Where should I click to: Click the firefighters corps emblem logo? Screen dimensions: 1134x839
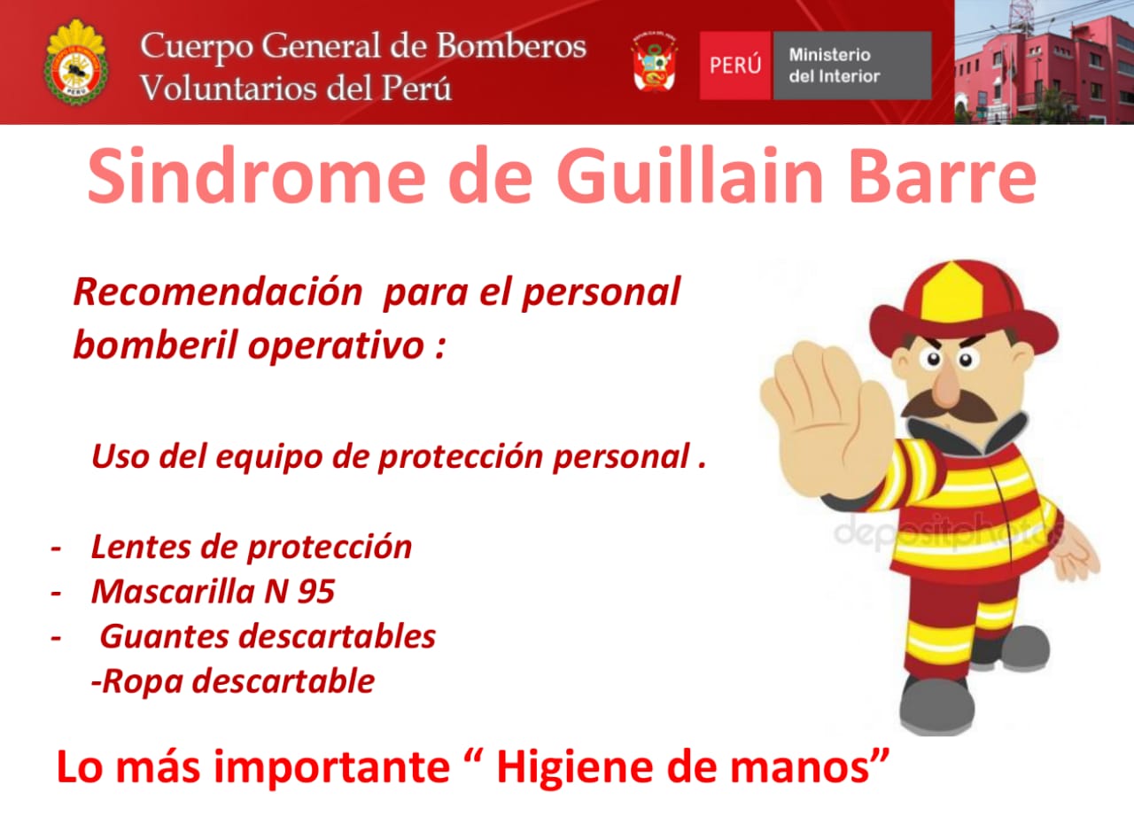coord(75,62)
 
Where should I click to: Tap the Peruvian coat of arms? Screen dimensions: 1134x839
coord(655,62)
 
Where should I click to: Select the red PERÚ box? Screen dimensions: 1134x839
coord(734,66)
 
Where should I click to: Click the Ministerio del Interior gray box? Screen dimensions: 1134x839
coord(852,66)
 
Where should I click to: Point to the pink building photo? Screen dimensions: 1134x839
coord(1044,62)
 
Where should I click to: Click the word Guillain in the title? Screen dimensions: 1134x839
coord(688,175)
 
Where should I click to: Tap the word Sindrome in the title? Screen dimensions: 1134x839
coord(257,175)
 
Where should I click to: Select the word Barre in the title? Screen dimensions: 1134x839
coord(944,175)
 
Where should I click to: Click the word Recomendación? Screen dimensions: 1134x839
coord(218,292)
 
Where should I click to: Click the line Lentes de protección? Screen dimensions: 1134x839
coord(251,548)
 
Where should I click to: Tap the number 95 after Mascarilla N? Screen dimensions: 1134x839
coord(316,592)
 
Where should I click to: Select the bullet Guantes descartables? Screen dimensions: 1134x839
coord(268,636)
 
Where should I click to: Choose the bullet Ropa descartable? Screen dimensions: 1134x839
coord(233,681)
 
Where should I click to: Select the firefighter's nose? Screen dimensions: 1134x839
coord(946,385)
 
